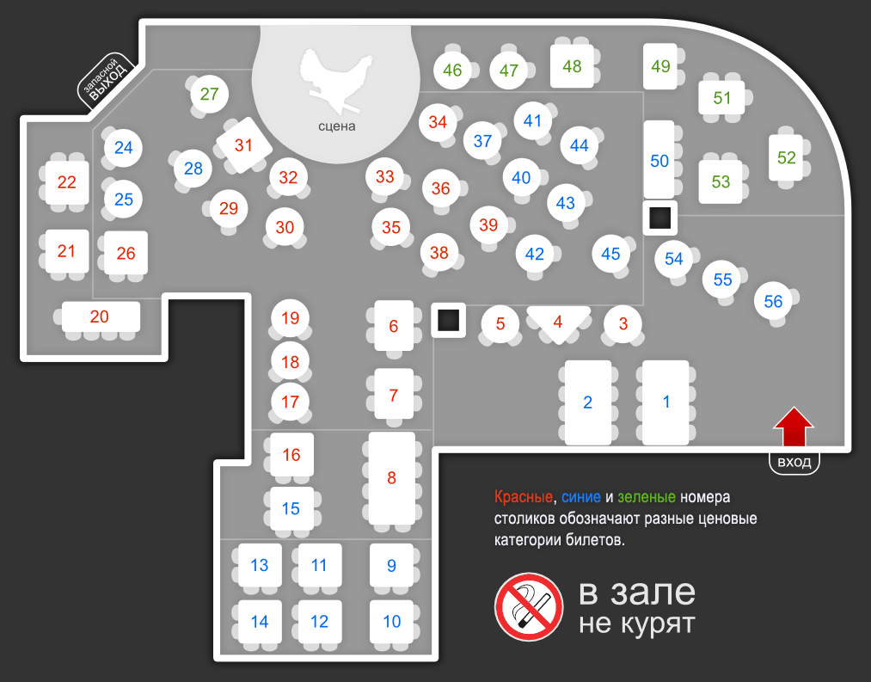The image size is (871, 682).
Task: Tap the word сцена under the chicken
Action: pyautogui.click(x=336, y=126)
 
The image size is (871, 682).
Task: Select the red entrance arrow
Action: pyautogui.click(x=793, y=427)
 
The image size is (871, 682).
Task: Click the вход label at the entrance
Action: pyautogui.click(x=794, y=463)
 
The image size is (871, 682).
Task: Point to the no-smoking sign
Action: pyautogui.click(x=528, y=607)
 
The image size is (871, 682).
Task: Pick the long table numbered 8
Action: pyautogui.click(x=392, y=478)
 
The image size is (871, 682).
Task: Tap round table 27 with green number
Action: pyautogui.click(x=210, y=94)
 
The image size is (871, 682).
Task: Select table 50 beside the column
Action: pyautogui.click(x=659, y=160)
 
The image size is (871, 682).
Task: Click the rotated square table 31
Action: pyautogui.click(x=244, y=145)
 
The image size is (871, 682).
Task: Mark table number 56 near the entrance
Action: pyautogui.click(x=774, y=301)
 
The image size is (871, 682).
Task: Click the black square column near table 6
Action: pyautogui.click(x=447, y=321)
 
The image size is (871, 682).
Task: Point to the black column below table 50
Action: pyautogui.click(x=659, y=218)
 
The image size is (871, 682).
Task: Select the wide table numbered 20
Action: pyautogui.click(x=101, y=317)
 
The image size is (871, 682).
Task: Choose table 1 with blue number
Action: pyautogui.click(x=666, y=402)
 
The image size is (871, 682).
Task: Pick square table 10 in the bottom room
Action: pyautogui.click(x=392, y=621)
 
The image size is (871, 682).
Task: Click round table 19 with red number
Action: pyautogui.click(x=291, y=319)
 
